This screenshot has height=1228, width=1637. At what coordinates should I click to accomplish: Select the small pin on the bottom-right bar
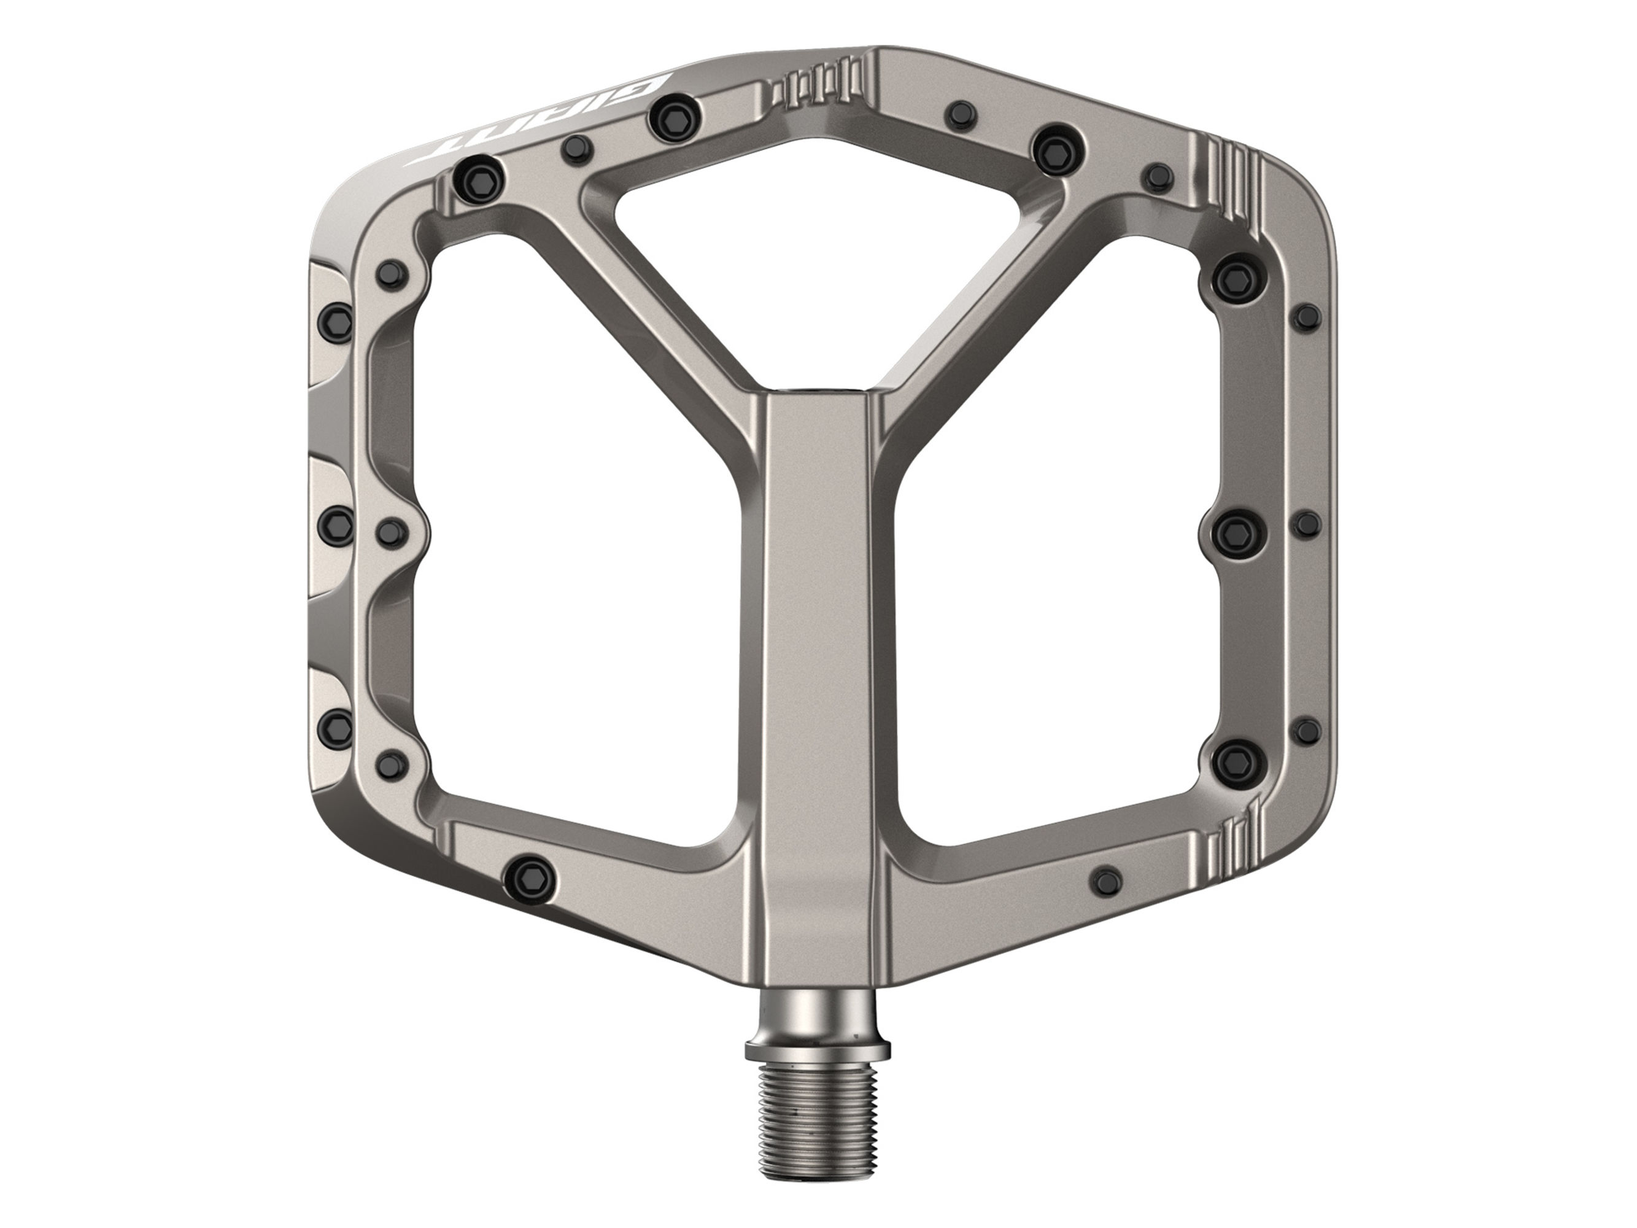tap(1107, 880)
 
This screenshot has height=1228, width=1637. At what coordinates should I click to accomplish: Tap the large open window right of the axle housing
tap(1051, 592)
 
